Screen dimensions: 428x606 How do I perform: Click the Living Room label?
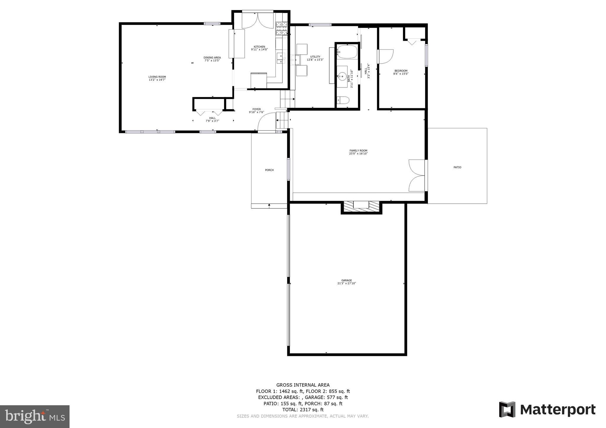157,78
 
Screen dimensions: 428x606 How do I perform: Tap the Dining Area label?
212,59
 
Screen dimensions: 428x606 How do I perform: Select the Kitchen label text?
259,48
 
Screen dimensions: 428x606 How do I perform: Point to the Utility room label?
315,58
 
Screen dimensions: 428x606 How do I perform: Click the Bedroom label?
401,72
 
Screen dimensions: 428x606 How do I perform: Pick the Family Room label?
358,152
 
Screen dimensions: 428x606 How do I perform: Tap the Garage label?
346,282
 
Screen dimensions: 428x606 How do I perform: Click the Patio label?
457,167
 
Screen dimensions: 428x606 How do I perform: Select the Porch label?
269,170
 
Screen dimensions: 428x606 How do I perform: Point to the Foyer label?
256,111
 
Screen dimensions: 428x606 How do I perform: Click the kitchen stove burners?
282,29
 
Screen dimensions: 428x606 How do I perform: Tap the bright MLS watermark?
35,416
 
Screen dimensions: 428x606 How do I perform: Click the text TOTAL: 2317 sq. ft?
303,410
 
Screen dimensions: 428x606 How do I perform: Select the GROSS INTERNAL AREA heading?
303,385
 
